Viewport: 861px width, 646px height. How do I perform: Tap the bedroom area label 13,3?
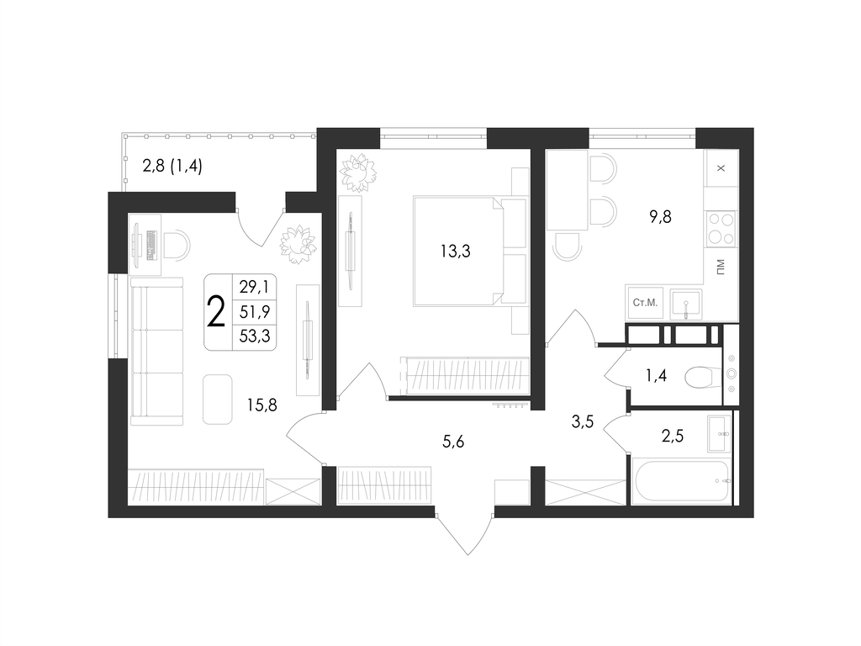pos(455,252)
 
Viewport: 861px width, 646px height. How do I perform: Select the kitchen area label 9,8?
pos(660,217)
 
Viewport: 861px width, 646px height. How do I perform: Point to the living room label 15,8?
pos(262,405)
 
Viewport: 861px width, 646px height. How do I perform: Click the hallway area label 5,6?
pos(453,441)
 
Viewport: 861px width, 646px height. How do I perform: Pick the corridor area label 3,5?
pos(583,422)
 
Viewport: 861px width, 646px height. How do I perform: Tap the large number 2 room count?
pos(216,311)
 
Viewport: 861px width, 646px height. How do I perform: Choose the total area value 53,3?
pos(255,336)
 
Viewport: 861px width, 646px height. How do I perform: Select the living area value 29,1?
pos(254,287)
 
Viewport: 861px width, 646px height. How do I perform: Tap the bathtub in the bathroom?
pos(681,482)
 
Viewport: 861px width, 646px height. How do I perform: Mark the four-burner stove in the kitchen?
pos(721,229)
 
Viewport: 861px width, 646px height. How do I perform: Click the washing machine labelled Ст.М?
pos(645,303)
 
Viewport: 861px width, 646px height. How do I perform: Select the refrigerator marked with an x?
pos(721,168)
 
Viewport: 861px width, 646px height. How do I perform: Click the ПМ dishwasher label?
pos(720,267)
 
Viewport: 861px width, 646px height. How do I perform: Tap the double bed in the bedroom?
pos(458,252)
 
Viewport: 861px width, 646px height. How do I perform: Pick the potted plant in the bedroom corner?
pos(358,172)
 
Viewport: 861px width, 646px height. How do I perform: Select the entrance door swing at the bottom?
pos(467,532)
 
